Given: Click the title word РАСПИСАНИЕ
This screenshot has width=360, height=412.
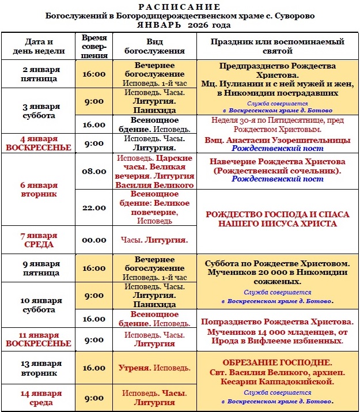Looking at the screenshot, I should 180,7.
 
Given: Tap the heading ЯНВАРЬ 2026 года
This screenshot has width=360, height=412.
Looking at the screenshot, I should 180,25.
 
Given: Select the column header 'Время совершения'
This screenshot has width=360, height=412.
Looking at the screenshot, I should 93,46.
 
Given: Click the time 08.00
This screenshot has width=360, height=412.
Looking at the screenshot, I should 93,171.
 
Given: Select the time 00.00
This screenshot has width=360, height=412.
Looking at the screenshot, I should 93,240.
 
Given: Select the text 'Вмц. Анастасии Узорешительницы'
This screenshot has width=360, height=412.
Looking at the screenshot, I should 277,140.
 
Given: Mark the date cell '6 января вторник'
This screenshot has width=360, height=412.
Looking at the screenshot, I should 40,190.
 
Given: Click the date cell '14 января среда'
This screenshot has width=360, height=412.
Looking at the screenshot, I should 40,397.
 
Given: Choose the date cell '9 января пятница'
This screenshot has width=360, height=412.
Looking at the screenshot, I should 40,268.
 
